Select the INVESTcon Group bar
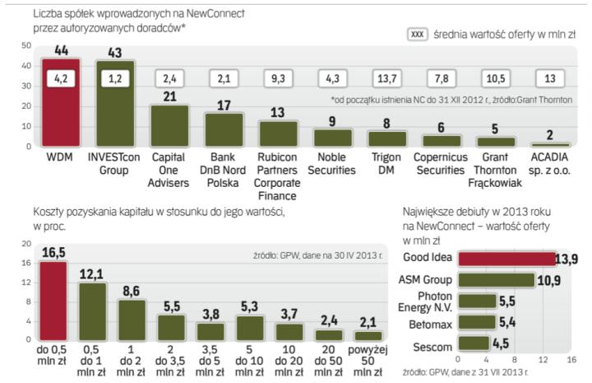tap(115, 104)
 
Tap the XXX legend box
tap(419, 34)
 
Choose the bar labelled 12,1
tap(92, 311)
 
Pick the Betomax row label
tap(430, 322)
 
